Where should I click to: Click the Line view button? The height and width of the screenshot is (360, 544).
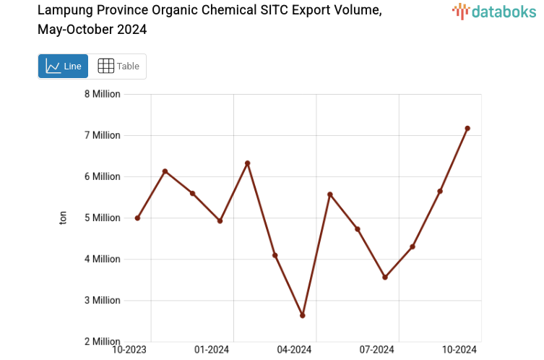coord(63,67)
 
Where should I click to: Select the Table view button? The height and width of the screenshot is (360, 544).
coord(118,67)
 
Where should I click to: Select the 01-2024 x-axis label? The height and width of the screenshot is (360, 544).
coord(212,350)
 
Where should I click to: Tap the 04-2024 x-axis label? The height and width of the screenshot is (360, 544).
coord(294,350)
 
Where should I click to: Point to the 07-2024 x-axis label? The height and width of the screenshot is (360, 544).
coord(376,350)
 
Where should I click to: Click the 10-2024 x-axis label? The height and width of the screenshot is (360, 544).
coord(459,350)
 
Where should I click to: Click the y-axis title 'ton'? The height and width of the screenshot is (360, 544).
coord(64,218)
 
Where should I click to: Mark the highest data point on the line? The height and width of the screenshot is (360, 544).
coord(467,129)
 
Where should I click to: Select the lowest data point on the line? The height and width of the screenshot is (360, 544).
coord(303,315)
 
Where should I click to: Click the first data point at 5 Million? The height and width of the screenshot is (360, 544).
coord(137,218)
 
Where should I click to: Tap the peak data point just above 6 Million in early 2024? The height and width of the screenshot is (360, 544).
coord(248,163)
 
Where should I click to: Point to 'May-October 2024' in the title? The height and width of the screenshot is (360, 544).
coord(92,30)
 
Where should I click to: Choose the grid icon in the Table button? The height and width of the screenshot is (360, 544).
coord(105,67)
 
